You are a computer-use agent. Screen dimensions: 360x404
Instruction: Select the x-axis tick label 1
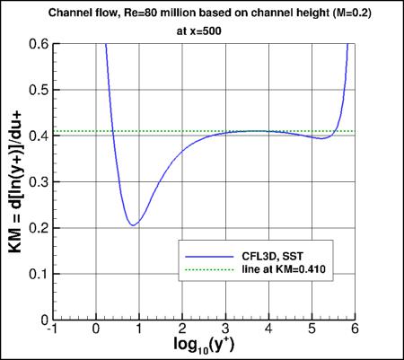(139, 329)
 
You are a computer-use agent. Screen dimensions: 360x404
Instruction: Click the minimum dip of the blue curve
(132, 224)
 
